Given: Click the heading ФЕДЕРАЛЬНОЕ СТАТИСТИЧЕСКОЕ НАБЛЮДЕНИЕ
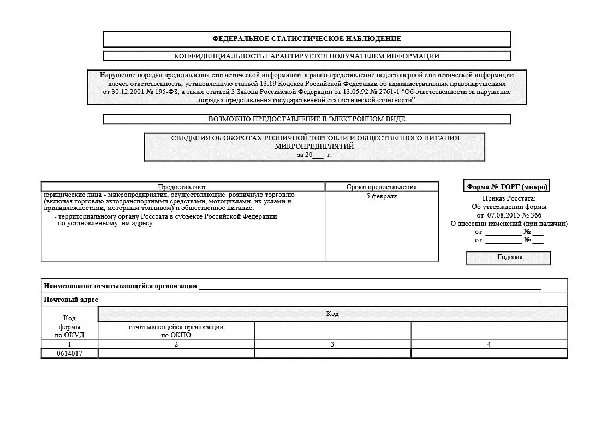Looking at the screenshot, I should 307,39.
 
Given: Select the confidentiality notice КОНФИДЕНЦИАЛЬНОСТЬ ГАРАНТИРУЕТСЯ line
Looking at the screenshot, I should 307,56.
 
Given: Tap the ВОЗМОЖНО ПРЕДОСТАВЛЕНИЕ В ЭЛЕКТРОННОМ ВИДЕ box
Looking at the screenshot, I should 307,119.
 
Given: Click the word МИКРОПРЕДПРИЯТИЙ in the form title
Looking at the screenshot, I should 314,146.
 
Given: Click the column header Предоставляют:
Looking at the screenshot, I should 183,187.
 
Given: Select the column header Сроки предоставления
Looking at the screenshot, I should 382,187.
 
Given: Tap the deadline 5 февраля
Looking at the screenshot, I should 382,196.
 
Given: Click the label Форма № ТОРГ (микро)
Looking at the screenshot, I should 507,186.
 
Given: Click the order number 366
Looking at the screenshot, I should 535,215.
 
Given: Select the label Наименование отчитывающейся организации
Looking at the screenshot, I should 120,286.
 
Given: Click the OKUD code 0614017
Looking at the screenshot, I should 69,354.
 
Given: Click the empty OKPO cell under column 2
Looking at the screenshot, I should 176,354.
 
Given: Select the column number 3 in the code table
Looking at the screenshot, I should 332,344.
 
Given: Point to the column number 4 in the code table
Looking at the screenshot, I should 489,344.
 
